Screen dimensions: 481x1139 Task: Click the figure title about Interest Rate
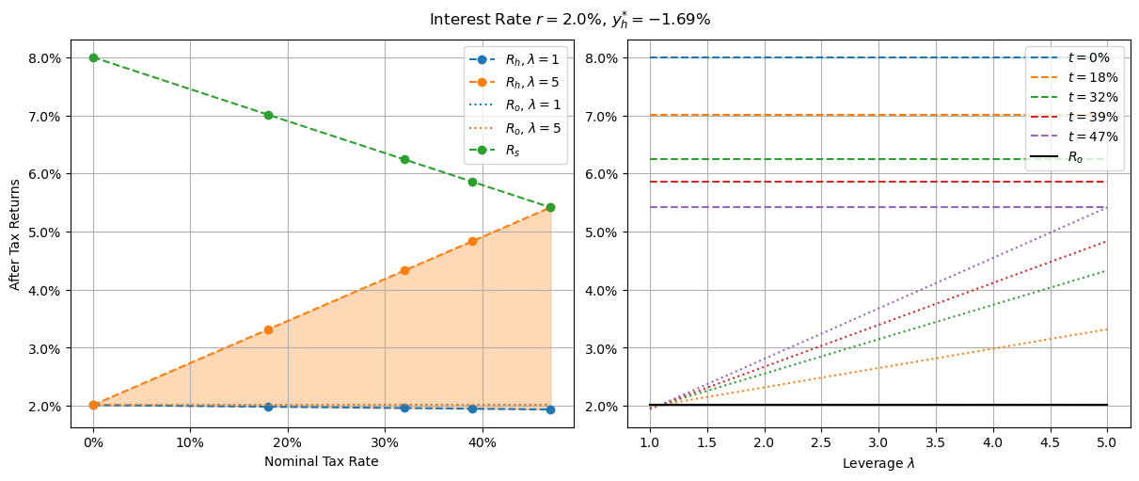569,20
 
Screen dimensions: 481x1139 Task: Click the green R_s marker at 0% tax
93,57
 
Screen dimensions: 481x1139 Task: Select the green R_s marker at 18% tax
268,115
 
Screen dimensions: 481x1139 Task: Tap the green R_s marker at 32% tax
404,159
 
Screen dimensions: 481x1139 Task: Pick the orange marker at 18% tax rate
268,329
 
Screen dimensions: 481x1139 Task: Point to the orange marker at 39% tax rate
472,241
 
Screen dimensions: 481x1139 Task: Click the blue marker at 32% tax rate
404,408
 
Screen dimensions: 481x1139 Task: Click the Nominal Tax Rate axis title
321,462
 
